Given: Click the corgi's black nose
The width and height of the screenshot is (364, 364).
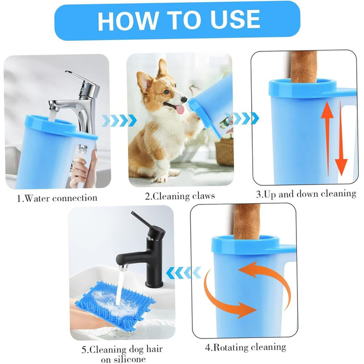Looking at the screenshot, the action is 184,99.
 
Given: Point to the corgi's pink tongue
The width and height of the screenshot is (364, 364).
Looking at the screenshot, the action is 180,109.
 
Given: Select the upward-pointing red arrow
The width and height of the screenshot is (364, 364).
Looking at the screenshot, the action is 327,138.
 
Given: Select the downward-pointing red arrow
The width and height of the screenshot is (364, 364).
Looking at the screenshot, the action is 341,138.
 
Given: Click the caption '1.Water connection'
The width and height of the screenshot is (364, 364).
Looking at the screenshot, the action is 57,198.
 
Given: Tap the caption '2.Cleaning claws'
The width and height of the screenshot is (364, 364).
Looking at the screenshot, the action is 180,196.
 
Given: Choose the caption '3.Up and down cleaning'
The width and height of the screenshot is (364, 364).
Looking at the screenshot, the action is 306,194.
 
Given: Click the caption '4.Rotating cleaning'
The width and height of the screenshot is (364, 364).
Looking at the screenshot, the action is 245,347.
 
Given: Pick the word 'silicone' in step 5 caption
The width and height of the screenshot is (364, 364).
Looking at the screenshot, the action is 124,359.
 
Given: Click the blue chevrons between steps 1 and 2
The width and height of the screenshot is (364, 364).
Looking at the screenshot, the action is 119,120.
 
